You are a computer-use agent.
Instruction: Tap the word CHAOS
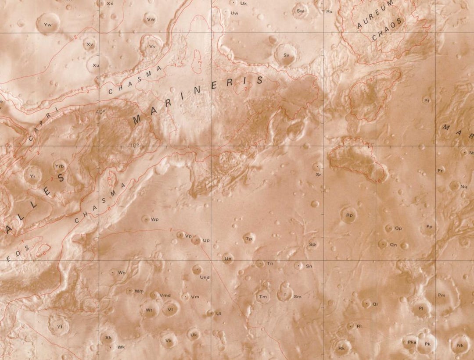[387, 29]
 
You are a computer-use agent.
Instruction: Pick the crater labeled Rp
[349, 215]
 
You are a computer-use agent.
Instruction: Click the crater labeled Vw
[151, 19]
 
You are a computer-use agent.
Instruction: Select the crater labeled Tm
[263, 297]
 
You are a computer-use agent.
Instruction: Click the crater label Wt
[149, 310]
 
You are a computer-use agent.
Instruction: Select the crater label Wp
[154, 219]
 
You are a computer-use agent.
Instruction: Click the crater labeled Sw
[301, 11]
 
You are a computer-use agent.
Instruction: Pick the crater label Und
[205, 277]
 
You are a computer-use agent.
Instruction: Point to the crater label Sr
[319, 175]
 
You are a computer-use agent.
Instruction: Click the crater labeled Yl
[58, 326]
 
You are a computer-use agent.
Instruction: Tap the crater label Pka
[412, 342]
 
